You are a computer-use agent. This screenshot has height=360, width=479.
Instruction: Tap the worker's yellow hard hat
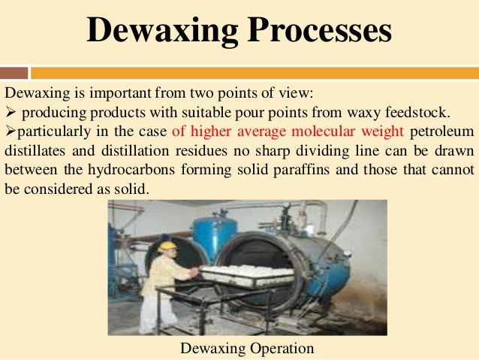167,244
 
